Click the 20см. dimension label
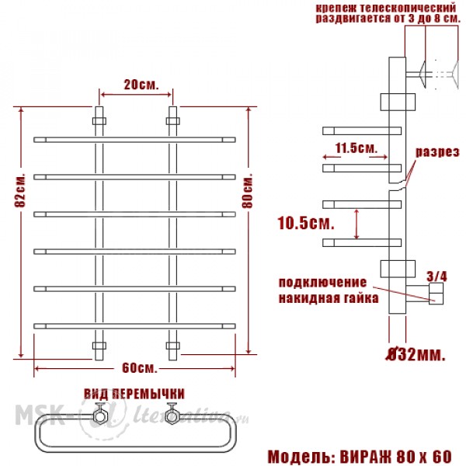coord(141,85)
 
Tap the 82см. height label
coord(20,190)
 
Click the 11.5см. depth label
coord(356,148)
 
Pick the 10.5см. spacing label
coord(306,223)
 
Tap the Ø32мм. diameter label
coord(416,354)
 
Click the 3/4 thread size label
coord(436,276)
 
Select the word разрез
coord(437,152)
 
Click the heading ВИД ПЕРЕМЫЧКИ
coord(134,394)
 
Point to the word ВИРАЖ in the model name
coord(366,456)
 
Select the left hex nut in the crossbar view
coord(99,416)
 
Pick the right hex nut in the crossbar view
coord(172,416)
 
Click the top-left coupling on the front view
coord(99,121)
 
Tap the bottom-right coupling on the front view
coord(172,346)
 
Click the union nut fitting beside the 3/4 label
coord(436,294)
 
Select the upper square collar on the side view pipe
coord(398,102)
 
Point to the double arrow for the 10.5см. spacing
coord(356,224)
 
